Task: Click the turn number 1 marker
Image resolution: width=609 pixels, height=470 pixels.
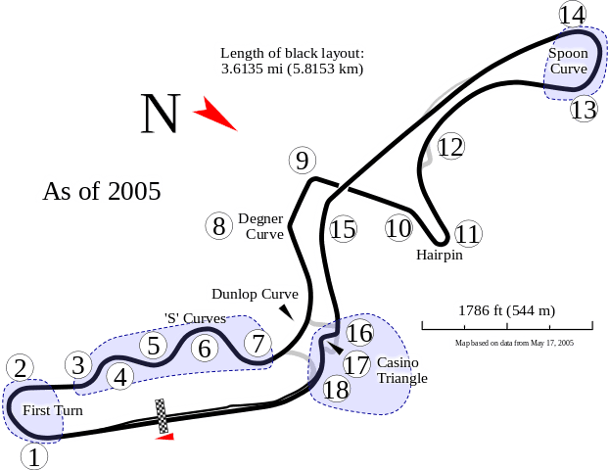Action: (34, 455)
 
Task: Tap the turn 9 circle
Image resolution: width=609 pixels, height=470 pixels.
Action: (302, 161)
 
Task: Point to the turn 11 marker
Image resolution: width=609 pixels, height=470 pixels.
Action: (468, 234)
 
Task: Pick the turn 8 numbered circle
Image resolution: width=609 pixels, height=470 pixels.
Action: (218, 227)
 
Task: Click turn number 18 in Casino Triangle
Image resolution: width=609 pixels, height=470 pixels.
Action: (336, 389)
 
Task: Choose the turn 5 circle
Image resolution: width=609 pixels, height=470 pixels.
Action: (153, 345)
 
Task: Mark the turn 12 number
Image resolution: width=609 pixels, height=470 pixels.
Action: (449, 147)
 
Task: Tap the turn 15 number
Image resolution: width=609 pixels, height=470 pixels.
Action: (342, 229)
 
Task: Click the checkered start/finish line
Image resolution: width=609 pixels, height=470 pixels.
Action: (163, 414)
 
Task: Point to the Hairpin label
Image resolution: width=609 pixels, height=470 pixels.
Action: (437, 256)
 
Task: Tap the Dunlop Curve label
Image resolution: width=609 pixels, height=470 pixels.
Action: (253, 294)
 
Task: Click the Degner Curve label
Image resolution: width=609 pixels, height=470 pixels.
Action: (259, 226)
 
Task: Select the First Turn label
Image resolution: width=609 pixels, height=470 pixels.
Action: (54, 409)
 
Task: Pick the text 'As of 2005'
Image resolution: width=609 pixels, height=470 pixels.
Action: (101, 189)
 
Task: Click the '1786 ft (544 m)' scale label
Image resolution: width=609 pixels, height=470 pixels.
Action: (506, 311)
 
